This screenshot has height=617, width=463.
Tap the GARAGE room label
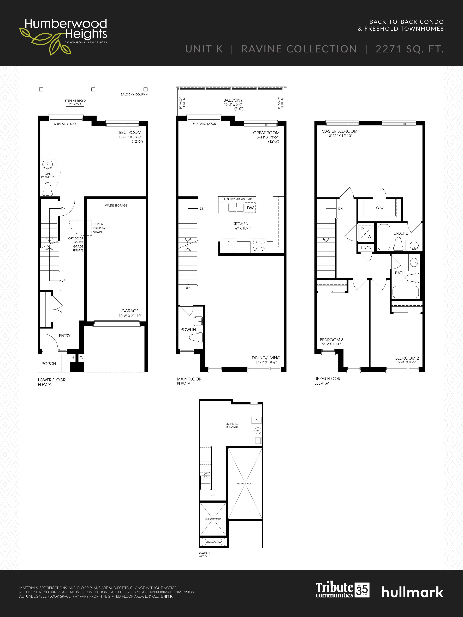click(x=130, y=311)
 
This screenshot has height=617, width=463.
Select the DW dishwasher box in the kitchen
click(x=250, y=208)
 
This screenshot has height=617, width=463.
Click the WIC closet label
click(x=379, y=207)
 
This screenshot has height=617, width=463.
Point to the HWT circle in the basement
click(x=258, y=431)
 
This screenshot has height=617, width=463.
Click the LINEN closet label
click(x=366, y=248)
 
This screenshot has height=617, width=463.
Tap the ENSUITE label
click(x=400, y=233)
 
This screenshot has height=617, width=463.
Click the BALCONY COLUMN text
click(x=134, y=95)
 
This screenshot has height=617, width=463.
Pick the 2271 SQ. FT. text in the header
click(x=409, y=49)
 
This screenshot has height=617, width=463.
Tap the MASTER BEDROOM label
click(x=339, y=131)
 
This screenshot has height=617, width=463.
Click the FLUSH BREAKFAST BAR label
click(x=237, y=199)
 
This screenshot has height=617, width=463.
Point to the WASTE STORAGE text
click(x=116, y=205)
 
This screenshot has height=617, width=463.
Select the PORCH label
click(x=49, y=364)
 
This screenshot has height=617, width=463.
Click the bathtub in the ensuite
click(x=384, y=237)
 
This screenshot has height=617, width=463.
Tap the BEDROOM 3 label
click(x=331, y=340)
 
